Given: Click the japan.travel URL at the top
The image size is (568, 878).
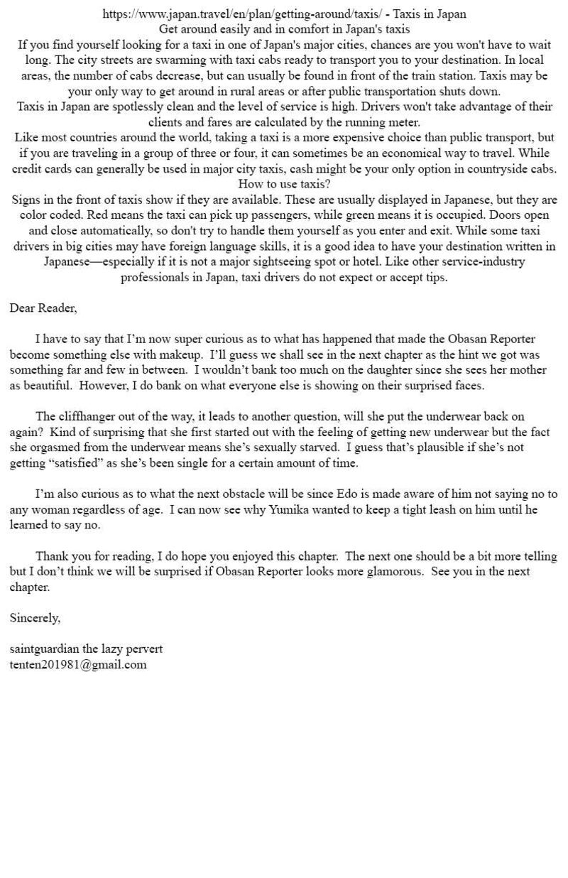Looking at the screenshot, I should pyautogui.click(x=241, y=13).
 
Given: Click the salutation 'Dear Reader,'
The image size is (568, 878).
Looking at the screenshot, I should pyautogui.click(x=43, y=308).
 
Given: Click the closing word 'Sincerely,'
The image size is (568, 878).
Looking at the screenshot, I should pyautogui.click(x=35, y=618).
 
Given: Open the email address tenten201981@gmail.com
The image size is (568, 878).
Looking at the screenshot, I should pyautogui.click(x=78, y=665).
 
